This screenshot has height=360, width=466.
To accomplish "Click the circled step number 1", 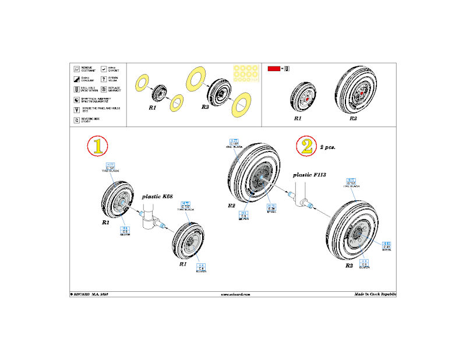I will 98,147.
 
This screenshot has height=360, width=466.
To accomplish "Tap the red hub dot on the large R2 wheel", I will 361,93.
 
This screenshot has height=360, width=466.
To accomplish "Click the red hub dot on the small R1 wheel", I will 306,98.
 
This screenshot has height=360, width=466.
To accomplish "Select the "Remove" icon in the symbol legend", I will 76,69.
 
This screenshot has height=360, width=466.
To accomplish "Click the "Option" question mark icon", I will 103,79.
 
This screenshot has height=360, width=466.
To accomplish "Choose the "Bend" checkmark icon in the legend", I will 103,69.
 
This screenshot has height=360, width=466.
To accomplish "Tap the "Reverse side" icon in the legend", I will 76,120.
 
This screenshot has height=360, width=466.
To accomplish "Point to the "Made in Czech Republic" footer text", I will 375,295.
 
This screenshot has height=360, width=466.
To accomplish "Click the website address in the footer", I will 235,295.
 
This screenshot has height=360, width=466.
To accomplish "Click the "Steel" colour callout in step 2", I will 271,209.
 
